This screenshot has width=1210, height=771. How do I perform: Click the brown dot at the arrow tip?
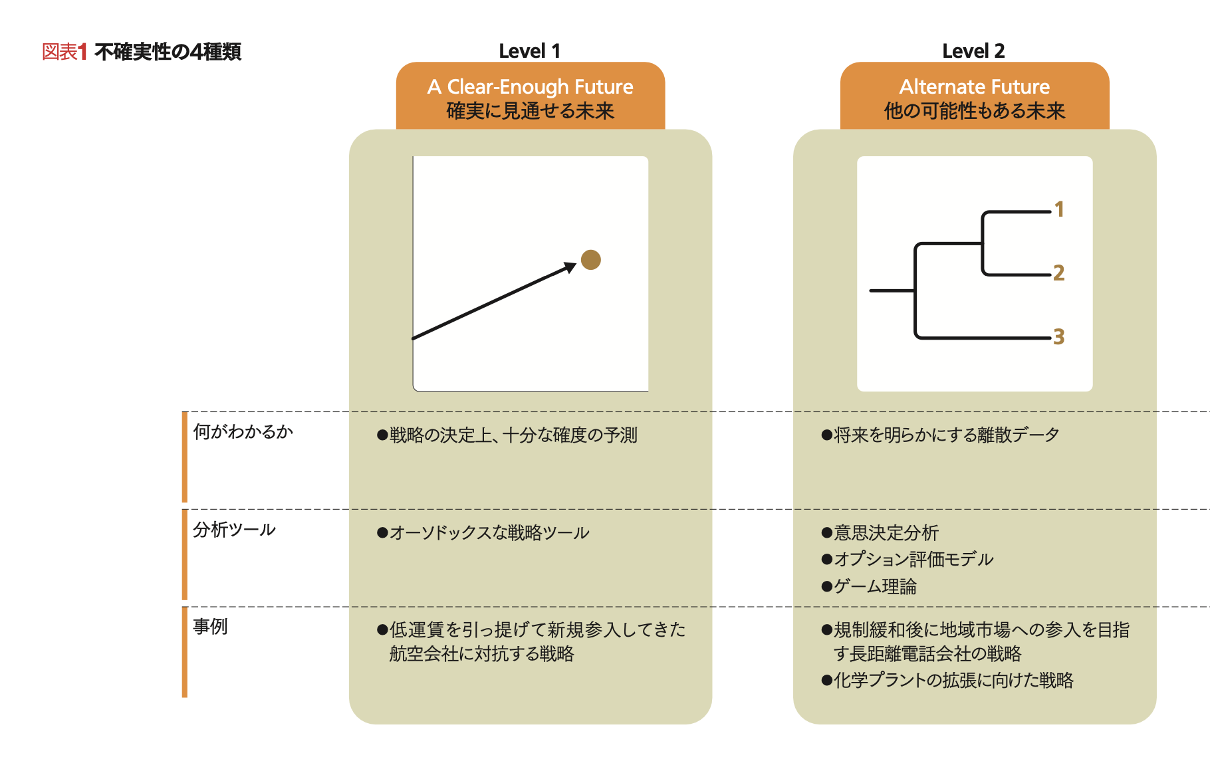coord(590,260)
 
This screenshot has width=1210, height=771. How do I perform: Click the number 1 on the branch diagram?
coord(1059,209)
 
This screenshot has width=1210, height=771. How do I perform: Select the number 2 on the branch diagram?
coord(1059,273)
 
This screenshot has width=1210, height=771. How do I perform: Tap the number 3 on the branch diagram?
coord(1059,336)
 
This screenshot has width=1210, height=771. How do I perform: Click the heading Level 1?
coord(529,51)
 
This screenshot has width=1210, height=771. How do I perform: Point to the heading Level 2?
coord(973,51)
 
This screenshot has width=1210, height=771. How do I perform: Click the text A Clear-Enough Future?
coord(530,86)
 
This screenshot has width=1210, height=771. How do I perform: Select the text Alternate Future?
coord(974,86)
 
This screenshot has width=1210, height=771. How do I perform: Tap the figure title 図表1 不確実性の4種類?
coord(141,52)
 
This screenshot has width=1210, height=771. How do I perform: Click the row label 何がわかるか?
coord(243,432)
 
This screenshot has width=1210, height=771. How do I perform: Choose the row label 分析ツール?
coord(234,530)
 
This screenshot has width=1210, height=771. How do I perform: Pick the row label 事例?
coord(210,627)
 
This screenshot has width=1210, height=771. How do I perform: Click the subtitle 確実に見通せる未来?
coord(530,110)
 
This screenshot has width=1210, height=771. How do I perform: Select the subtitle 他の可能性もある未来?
coord(974,110)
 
